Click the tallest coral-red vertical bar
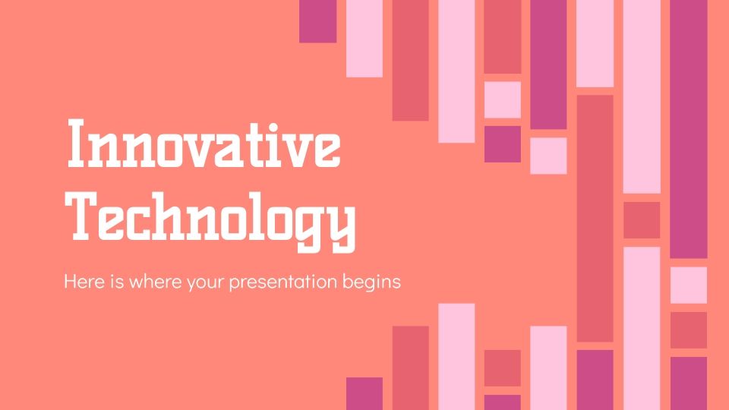[595, 218]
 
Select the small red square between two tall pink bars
[642, 220]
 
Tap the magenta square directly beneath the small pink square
[503, 144]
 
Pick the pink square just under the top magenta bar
[548, 156]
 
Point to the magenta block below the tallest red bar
[595, 379]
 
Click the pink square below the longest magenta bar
[688, 285]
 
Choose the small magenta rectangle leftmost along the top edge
[317, 20]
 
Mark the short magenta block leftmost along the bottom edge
[364, 393]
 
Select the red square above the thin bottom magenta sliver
[503, 368]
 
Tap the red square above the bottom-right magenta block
[688, 330]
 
